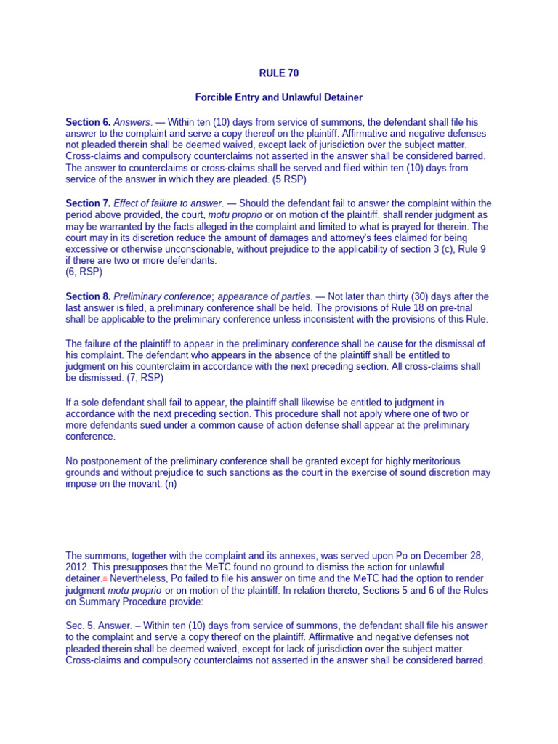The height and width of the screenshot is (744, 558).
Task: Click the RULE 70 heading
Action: pyautogui.click(x=279, y=73)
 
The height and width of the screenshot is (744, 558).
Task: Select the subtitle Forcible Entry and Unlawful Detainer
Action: pyautogui.click(x=279, y=97)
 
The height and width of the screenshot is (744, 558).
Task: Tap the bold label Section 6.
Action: pyautogui.click(x=88, y=122)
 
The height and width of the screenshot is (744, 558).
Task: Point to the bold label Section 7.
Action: pyautogui.click(x=88, y=203)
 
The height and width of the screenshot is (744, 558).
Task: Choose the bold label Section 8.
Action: pyautogui.click(x=88, y=296)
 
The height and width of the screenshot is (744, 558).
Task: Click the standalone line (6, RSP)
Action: pyautogui.click(x=84, y=272)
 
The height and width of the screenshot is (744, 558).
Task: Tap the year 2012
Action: pyautogui.click(x=77, y=567)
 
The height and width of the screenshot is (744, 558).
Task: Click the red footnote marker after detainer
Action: pyautogui.click(x=105, y=579)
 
